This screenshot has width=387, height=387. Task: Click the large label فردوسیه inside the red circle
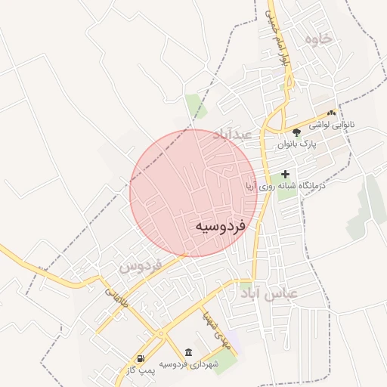[x=219, y=226]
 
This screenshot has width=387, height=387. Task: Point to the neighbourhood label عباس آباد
[x=270, y=293]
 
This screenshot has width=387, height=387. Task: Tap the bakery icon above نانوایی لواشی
[x=332, y=113]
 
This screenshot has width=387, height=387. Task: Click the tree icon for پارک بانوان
[x=297, y=132]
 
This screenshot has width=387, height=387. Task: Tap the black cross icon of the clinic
[x=285, y=174]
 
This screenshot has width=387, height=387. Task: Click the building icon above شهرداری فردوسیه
[x=188, y=354]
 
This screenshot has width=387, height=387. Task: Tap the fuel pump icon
[x=141, y=358]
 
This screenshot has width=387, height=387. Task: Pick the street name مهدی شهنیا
[x=212, y=325]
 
